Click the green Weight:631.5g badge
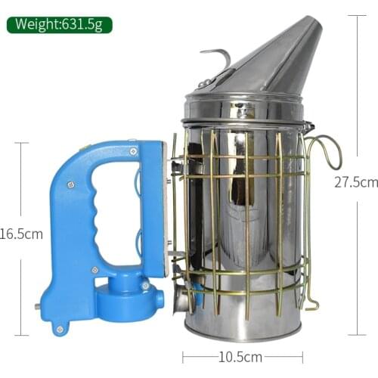coord(59,24)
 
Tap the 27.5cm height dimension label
coord(355,182)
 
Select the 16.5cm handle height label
coord(21,234)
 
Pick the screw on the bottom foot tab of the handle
coord(59,328)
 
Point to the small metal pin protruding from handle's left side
coord(37,307)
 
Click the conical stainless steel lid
coord(265,64)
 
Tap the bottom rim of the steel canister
coord(242,333)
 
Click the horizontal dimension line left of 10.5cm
coord(200,357)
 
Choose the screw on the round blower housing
coord(144,286)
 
